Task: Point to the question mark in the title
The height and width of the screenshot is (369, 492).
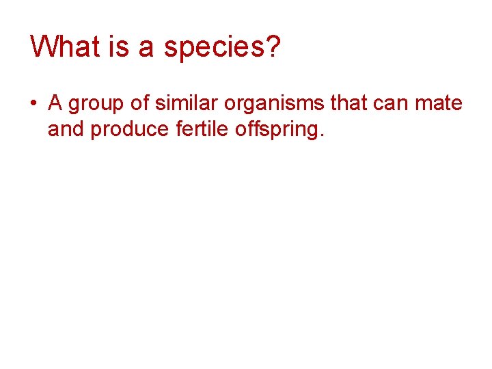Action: pyautogui.click(x=273, y=46)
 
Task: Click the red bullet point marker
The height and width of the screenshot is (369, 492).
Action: pyautogui.click(x=33, y=105)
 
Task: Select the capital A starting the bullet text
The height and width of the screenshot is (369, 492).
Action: pyautogui.click(x=55, y=103)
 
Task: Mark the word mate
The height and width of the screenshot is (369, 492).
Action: pyautogui.click(x=441, y=104)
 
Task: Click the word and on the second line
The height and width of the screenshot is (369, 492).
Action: pyautogui.click(x=66, y=128)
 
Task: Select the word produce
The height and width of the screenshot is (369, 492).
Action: pyautogui.click(x=128, y=130)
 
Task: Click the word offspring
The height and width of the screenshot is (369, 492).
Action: pyautogui.click(x=274, y=130)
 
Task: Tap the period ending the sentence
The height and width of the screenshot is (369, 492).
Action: pyautogui.click(x=320, y=135)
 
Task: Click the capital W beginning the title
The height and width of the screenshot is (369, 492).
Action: pyautogui.click(x=42, y=46)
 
